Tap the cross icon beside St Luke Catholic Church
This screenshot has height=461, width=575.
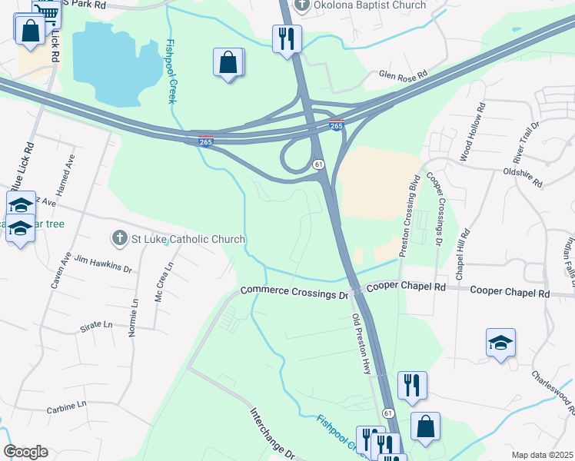pyautogui.click(x=119, y=239)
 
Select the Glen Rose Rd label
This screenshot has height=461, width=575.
pyautogui.click(x=402, y=75)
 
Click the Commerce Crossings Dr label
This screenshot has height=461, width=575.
pyautogui.click(x=294, y=293)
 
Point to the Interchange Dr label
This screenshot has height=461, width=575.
pyautogui.click(x=271, y=433)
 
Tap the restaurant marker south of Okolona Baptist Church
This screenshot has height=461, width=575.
pyautogui.click(x=287, y=38)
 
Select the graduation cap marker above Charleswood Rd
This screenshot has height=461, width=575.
pyautogui.click(x=500, y=343)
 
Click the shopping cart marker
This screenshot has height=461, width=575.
pyautogui.click(x=48, y=11)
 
